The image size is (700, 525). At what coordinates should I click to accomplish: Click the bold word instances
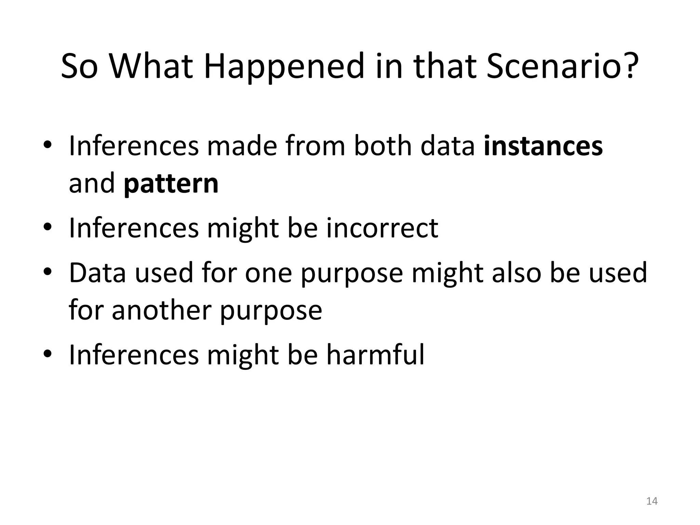coord(543,146)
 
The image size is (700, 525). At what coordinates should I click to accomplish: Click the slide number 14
coord(652,501)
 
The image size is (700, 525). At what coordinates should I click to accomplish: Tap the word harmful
coord(375,354)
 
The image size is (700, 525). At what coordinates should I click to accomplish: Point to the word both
coord(383,146)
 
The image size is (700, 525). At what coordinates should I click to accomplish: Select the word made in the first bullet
coord(242,146)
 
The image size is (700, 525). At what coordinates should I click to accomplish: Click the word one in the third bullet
coord(268,273)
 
